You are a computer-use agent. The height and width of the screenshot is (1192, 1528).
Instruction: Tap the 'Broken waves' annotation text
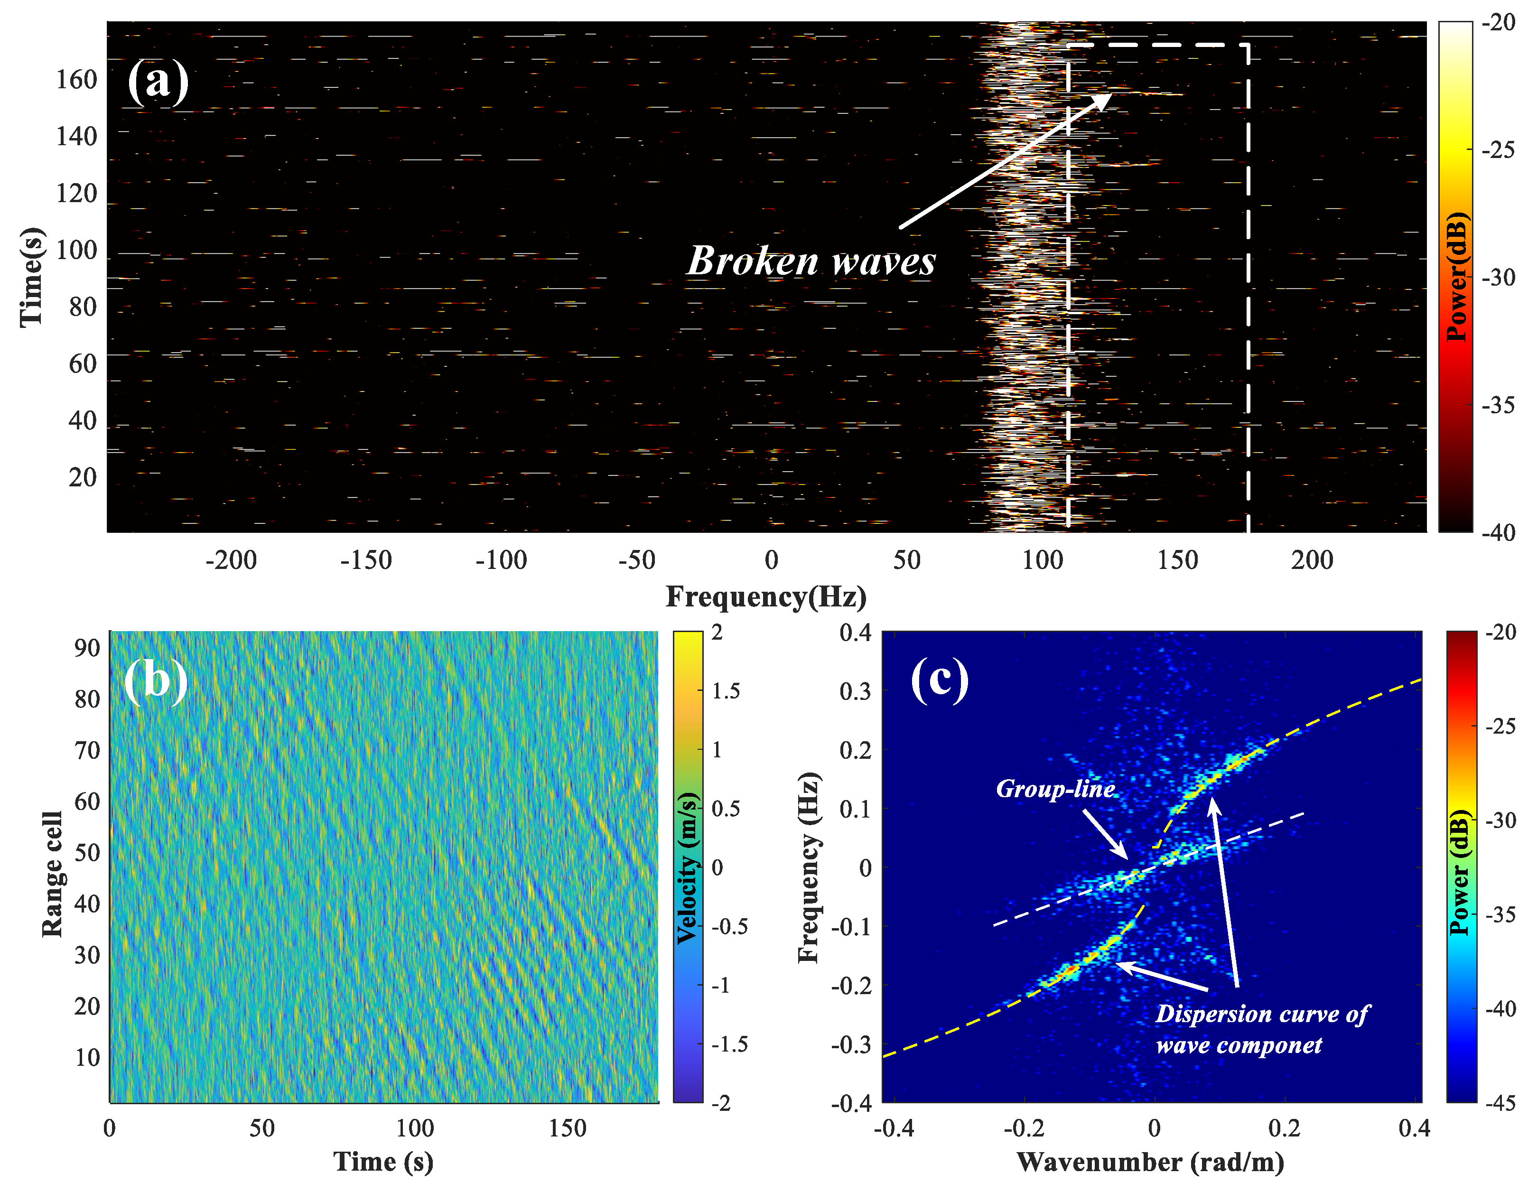[x=811, y=261]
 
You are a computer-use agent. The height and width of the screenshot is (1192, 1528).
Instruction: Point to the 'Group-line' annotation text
[x=1054, y=789]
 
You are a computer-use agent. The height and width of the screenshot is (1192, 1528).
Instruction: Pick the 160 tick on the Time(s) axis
[x=76, y=80]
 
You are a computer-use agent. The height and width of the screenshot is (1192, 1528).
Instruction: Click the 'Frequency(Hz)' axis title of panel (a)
[x=765, y=596]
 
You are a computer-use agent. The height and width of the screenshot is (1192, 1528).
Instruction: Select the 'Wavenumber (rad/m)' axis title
[x=1150, y=1162]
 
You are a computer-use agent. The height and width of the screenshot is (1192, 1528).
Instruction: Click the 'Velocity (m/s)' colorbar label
[x=689, y=867]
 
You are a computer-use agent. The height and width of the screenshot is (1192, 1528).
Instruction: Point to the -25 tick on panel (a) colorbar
[x=1499, y=149]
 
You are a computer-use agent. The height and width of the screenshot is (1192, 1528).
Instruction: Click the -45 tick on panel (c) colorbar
[x=1500, y=1103]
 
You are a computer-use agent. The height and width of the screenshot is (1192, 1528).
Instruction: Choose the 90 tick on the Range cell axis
[x=87, y=649]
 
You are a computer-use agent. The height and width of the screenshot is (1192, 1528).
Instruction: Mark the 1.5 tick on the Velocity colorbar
[x=726, y=691]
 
